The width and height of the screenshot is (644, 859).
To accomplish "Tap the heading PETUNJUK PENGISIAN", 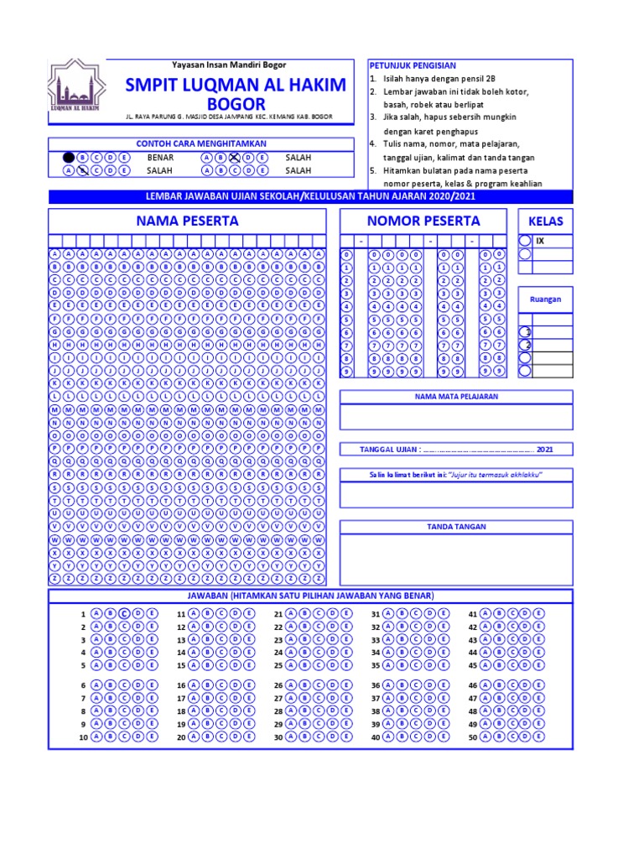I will click(413, 65).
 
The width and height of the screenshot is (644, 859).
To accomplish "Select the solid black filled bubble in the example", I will click(68, 157).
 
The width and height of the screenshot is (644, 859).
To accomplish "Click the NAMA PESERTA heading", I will click(187, 221).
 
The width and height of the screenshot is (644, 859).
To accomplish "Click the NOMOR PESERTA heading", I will click(423, 221).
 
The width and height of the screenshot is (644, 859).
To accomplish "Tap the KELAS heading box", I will click(545, 221).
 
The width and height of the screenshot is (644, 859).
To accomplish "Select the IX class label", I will click(540, 241).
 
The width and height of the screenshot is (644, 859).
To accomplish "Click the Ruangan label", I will click(545, 299).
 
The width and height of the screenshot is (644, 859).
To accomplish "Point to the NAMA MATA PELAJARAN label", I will click(456, 396).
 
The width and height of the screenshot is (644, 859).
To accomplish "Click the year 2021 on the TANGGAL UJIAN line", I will click(545, 450).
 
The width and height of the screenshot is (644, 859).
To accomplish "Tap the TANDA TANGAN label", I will click(456, 526).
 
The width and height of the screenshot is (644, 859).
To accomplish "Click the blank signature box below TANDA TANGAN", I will click(456, 560).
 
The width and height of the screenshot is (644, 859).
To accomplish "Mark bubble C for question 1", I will click(123, 613).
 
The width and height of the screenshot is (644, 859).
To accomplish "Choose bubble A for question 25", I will click(290, 665).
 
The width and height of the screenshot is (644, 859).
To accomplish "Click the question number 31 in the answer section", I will click(376, 614).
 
